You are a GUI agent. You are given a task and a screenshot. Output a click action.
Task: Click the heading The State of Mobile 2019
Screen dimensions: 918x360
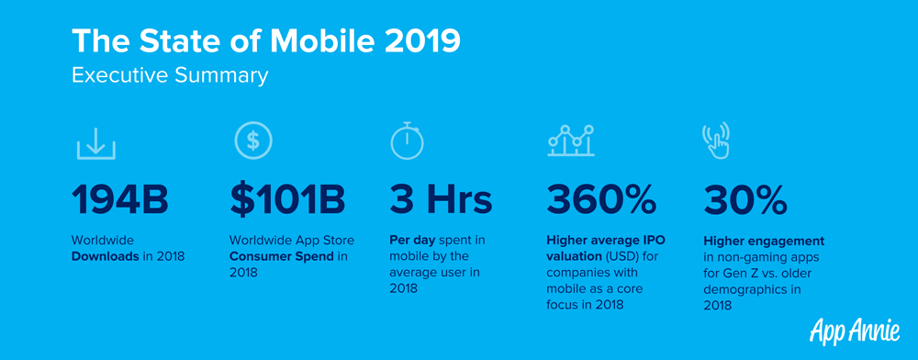click(266, 41)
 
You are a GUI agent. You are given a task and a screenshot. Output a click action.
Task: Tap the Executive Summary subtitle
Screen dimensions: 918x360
click(171, 76)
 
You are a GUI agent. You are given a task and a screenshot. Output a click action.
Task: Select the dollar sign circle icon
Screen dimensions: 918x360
click(253, 140)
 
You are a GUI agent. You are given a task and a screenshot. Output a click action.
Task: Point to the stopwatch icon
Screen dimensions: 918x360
click(408, 141)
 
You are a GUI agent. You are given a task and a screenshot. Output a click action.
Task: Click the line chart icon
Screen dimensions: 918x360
click(571, 141)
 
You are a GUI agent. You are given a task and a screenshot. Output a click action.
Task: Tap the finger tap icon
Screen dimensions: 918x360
click(717, 140)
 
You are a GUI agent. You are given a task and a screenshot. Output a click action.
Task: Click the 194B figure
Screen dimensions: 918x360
click(120, 200)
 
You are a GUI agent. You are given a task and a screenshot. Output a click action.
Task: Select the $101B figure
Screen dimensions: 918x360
click(287, 200)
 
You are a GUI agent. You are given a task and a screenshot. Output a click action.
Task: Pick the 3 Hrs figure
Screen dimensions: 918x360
click(441, 200)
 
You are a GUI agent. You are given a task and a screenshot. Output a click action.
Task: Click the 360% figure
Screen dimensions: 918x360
click(601, 200)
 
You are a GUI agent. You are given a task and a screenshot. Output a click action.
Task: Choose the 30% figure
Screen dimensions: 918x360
click(745, 200)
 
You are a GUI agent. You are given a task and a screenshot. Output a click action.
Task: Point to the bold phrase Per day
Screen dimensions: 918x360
click(409, 240)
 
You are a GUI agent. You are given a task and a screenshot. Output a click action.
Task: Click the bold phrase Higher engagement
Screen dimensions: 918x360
click(764, 241)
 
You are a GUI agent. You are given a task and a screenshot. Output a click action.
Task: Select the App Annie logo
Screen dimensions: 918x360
click(855, 330)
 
